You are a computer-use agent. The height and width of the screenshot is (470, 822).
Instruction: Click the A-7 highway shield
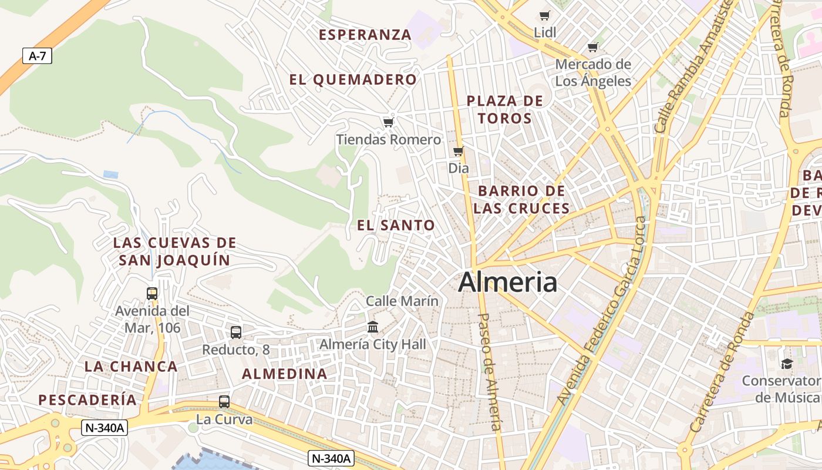pyautogui.click(x=37, y=56)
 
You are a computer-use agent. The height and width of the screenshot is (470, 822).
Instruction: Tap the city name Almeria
pyautogui.click(x=507, y=283)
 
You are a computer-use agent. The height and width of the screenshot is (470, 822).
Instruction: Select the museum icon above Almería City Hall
pyautogui.click(x=372, y=327)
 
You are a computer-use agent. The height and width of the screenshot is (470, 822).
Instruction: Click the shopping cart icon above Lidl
pyautogui.click(x=545, y=15)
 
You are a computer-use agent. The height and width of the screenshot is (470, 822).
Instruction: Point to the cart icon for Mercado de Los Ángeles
pyautogui.click(x=593, y=47)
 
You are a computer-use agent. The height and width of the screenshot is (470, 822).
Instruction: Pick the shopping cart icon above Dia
pyautogui.click(x=459, y=152)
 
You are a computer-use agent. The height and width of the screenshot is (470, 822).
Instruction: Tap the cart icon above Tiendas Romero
pyautogui.click(x=388, y=122)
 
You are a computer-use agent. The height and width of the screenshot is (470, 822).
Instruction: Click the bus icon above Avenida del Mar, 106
pyautogui.click(x=152, y=293)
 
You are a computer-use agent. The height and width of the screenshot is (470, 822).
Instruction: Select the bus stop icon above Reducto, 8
pyautogui.click(x=235, y=333)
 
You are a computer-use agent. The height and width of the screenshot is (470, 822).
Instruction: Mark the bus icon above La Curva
pyautogui.click(x=224, y=402)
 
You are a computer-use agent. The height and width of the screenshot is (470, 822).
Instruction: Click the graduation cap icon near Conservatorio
pyautogui.click(x=787, y=364)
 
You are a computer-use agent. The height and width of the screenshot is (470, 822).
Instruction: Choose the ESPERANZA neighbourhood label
pyautogui.click(x=365, y=35)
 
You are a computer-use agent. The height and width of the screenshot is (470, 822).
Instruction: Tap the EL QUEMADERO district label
pyautogui.click(x=353, y=80)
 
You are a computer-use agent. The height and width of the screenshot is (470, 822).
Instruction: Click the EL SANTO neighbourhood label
pyautogui.click(x=396, y=225)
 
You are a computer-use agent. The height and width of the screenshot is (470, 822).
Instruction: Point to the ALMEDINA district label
pyautogui.click(x=285, y=374)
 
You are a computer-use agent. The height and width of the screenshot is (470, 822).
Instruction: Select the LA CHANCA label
pyautogui.click(x=131, y=367)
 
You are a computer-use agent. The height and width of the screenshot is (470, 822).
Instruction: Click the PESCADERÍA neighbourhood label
pyautogui.click(x=87, y=400)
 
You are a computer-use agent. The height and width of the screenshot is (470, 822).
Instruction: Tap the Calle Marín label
pyautogui.click(x=402, y=301)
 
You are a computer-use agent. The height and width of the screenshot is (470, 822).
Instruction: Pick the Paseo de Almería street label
pyautogui.click(x=490, y=371)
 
